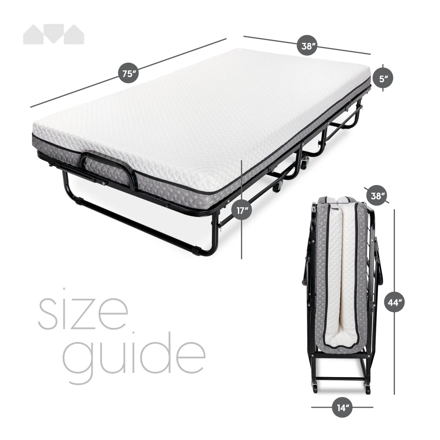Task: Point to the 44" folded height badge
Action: [x=394, y=302]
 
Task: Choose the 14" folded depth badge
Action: [x=342, y=407]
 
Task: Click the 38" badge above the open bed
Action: [x=307, y=46]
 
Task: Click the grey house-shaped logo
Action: [x=53, y=34]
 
